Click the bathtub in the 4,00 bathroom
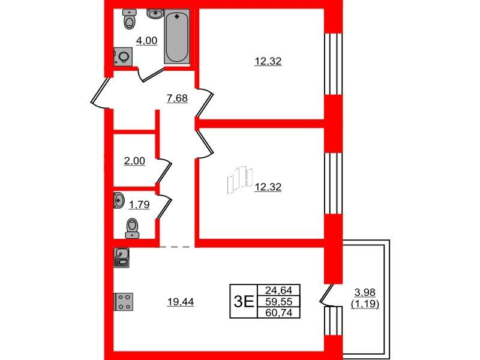pyautogui.click(x=176, y=37)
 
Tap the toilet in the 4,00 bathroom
pyautogui.click(x=129, y=19)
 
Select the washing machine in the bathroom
pyautogui.click(x=123, y=56)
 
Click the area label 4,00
pyautogui.click(x=146, y=41)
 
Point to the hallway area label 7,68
pyautogui.click(x=177, y=99)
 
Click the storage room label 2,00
pyautogui.click(x=134, y=161)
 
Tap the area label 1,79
pyautogui.click(x=139, y=205)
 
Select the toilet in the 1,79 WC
pyautogui.click(x=132, y=228)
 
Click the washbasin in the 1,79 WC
pyautogui.click(x=118, y=200)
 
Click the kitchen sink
pyautogui.click(x=122, y=257)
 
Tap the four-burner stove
pyautogui.click(x=124, y=302)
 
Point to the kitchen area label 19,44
pyautogui.click(x=181, y=302)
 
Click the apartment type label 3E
pyautogui.click(x=244, y=302)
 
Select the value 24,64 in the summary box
pyautogui.click(x=278, y=290)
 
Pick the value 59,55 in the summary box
pyautogui.click(x=278, y=302)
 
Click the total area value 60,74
pyautogui.click(x=278, y=313)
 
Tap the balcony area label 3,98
pyautogui.click(x=365, y=293)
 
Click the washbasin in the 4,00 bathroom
pyautogui.click(x=156, y=14)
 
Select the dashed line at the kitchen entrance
pyautogui.click(x=177, y=247)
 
